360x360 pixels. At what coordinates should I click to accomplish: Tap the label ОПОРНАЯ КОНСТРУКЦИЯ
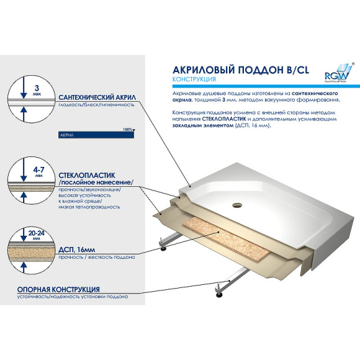(x=59, y=289)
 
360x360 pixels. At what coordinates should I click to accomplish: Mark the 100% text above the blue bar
(x=128, y=129)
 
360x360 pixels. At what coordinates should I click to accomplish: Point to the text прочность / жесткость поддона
(x=95, y=257)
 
